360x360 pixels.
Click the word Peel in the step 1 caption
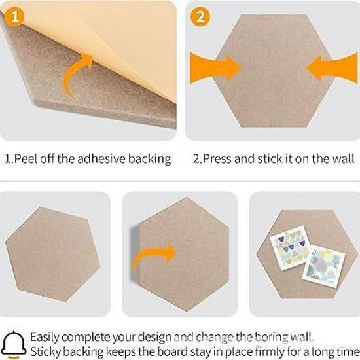pos(28,158)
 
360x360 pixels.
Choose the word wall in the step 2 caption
pos(342,158)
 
